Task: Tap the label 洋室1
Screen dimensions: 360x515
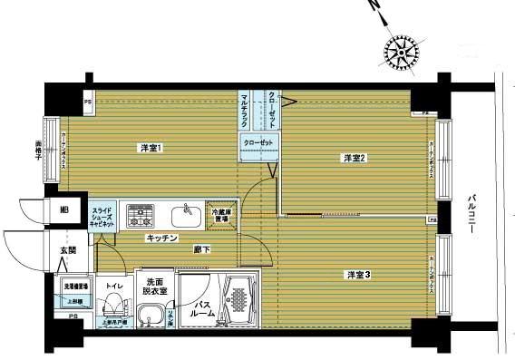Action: point(151,147)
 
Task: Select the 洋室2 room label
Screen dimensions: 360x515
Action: point(354,159)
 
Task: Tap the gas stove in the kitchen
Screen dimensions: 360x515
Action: point(140,215)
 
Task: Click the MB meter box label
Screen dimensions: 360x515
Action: point(63,211)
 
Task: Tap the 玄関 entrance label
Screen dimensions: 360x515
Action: point(69,250)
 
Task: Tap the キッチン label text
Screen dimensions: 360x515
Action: point(160,238)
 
